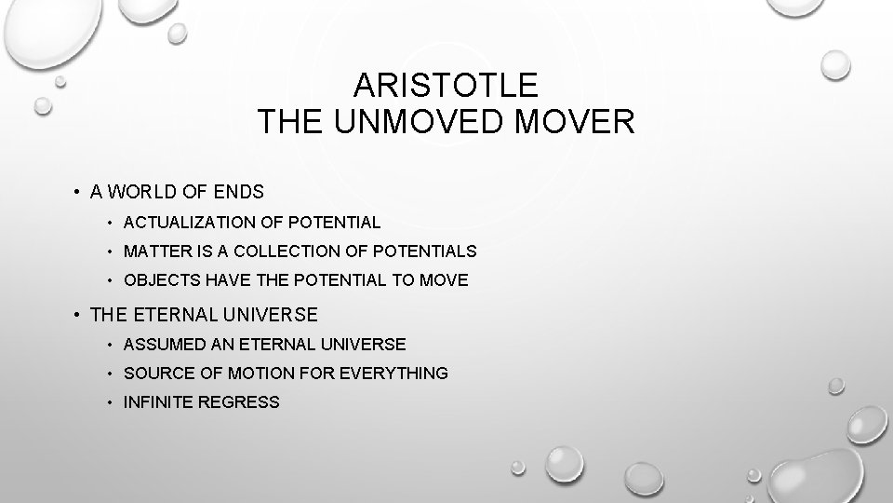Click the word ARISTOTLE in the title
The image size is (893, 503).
coord(446,86)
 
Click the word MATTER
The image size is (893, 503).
coord(156,251)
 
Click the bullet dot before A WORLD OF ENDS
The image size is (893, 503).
coord(75,194)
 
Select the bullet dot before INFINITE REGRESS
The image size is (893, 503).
coord(110,403)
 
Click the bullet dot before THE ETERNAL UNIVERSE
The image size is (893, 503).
coord(75,316)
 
